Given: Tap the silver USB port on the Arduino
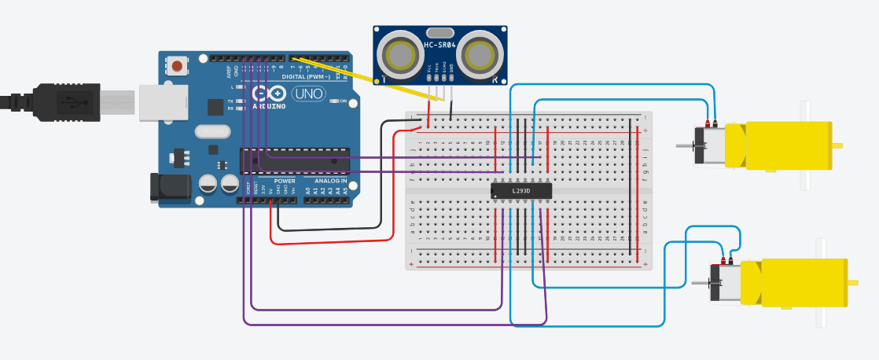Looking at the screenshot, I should coord(164,103).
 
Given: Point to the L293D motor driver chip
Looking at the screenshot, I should coord(520,191).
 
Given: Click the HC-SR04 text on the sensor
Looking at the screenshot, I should coord(439,46).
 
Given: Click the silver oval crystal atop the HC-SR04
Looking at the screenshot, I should coord(439,33).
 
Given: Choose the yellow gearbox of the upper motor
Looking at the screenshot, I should coord(778,145).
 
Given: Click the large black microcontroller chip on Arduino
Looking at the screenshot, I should coord(295,160).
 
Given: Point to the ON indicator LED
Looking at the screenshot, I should coord(335,101).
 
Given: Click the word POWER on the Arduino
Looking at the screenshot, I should coord(284,182).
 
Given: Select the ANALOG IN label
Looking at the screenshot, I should coord(330,182).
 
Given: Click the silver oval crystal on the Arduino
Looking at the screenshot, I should coord(211,131).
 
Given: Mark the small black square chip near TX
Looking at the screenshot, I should coord(215,107).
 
